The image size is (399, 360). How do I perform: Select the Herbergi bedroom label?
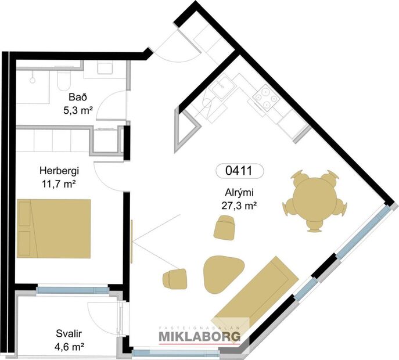click(59, 171)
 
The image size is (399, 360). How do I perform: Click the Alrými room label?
click(239, 194)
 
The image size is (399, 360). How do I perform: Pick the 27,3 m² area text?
click(239, 206)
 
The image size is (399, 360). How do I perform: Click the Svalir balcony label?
click(69, 335)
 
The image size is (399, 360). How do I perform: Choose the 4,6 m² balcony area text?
click(69, 347)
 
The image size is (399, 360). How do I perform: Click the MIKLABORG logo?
click(203, 336)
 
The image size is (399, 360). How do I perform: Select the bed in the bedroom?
click(54, 228)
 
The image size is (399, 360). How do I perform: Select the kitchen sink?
click(222, 91)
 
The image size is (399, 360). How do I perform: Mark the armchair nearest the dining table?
click(225, 227)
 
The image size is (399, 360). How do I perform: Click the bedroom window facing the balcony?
click(72, 289)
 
